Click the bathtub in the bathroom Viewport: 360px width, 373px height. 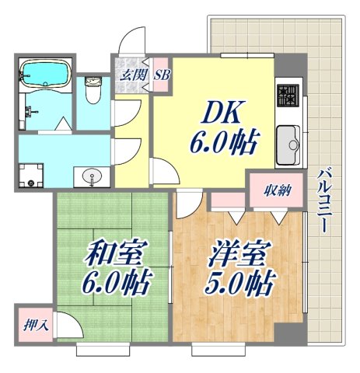(x=44, y=74)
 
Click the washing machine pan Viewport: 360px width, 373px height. (x=30, y=175)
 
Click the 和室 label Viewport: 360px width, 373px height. (x=107, y=255)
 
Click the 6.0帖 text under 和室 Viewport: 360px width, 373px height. (x=107, y=284)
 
